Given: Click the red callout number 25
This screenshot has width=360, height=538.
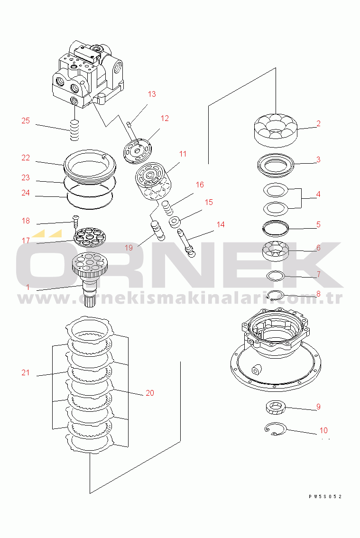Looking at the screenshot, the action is coord(26,121).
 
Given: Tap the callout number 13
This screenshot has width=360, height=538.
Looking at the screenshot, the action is coord(152,94).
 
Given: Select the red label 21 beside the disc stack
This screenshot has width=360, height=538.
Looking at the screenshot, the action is coord(26,372).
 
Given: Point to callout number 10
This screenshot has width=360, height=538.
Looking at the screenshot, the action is coord(323,430).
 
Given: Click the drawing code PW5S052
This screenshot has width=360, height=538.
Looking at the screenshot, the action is coord(325,496).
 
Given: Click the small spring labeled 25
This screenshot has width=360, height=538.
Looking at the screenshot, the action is coord(74,130).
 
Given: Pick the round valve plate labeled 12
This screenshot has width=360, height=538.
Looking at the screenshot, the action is coord(137,150).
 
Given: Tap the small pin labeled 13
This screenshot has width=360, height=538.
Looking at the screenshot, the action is coord(129,125).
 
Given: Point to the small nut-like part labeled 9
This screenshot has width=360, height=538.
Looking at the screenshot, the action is coord(276,408).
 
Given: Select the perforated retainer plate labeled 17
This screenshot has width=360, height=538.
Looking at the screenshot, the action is coord(91,237).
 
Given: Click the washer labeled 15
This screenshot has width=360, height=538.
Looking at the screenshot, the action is coord(175,223).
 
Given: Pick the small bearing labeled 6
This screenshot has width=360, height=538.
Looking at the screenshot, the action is coord(276,251).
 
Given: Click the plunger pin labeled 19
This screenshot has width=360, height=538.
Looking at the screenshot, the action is coord(157,230).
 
